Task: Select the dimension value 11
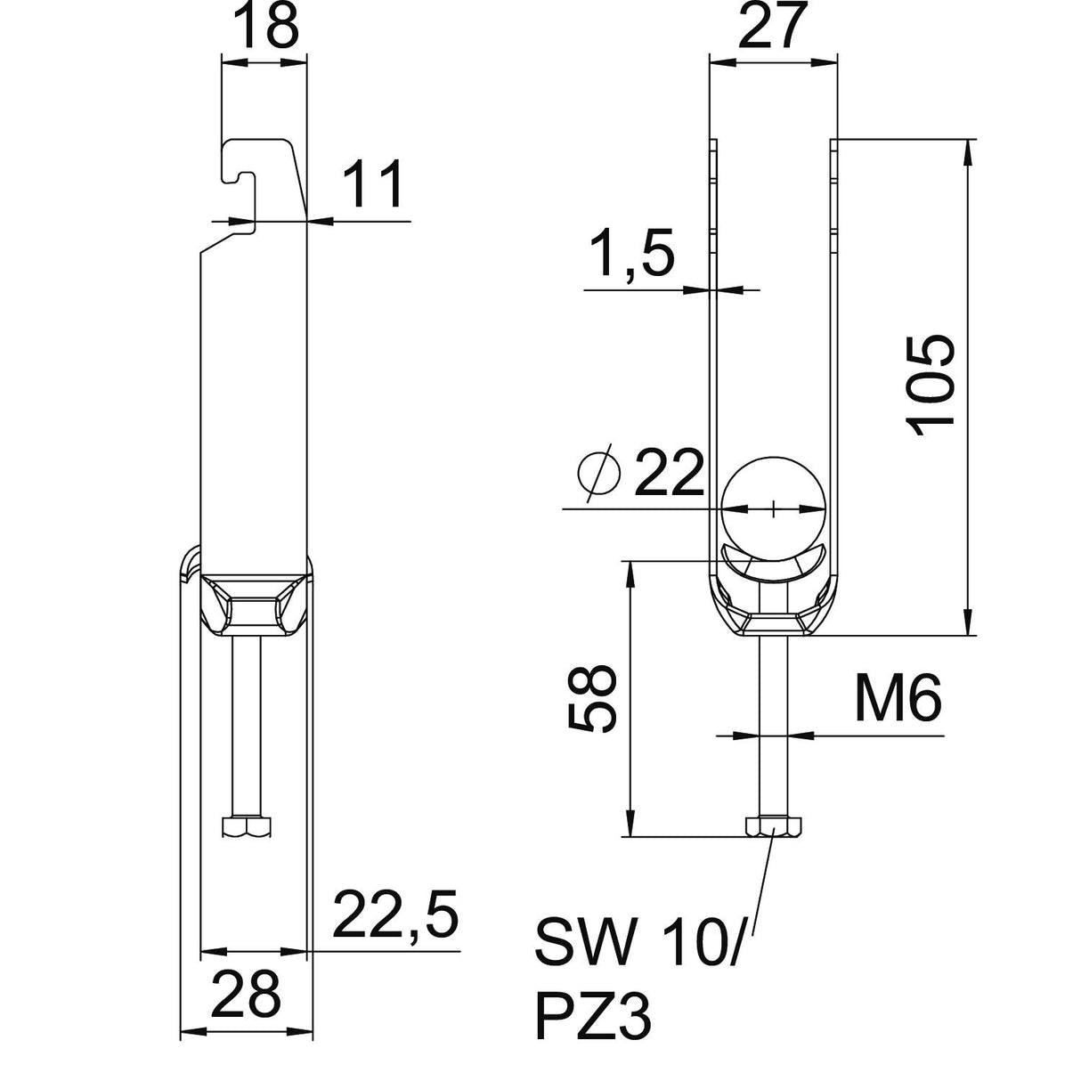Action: point(372,183)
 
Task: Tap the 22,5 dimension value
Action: point(396,914)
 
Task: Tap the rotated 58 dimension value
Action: point(592,699)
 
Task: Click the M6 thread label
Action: point(898,698)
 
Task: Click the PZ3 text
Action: point(593,1016)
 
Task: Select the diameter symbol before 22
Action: point(599,472)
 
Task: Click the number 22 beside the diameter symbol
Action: point(670,472)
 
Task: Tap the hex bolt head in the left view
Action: point(247,825)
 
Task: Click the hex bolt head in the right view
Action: point(773,826)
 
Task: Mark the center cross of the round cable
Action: point(773,508)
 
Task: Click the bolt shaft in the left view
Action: point(247,726)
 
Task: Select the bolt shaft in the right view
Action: point(773,726)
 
